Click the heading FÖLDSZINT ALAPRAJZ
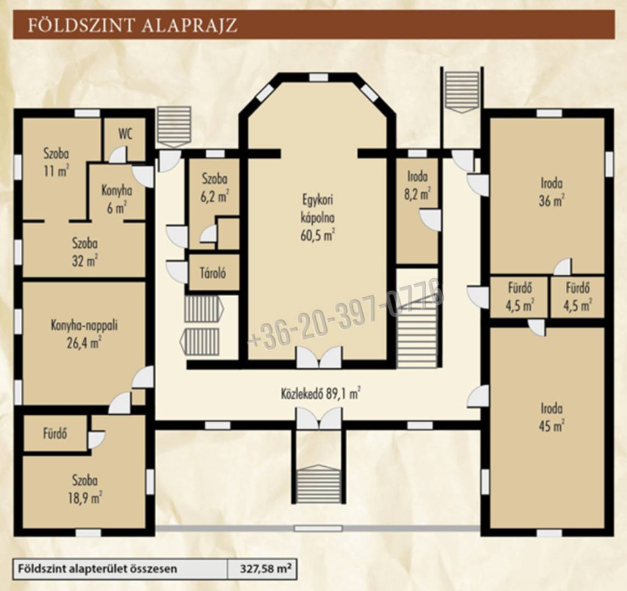pyautogui.click(x=132, y=24)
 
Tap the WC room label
pyautogui.click(x=125, y=134)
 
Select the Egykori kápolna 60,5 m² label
pyautogui.click(x=318, y=218)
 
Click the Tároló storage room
pyautogui.click(x=214, y=273)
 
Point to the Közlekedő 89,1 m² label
pyautogui.click(x=320, y=394)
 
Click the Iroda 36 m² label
pyautogui.click(x=552, y=192)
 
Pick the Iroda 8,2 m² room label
pyautogui.click(x=418, y=186)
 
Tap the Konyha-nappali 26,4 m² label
pyautogui.click(x=84, y=334)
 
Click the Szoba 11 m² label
pyautogui.click(x=56, y=163)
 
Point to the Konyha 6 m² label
pyautogui.click(x=116, y=199)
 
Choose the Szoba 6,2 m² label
pyautogui.click(x=215, y=188)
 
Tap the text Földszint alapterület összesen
pyautogui.click(x=97, y=568)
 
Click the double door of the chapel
pyautogui.click(x=319, y=357)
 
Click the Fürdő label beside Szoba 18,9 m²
pyautogui.click(x=55, y=433)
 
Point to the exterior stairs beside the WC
pyautogui.click(x=174, y=126)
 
